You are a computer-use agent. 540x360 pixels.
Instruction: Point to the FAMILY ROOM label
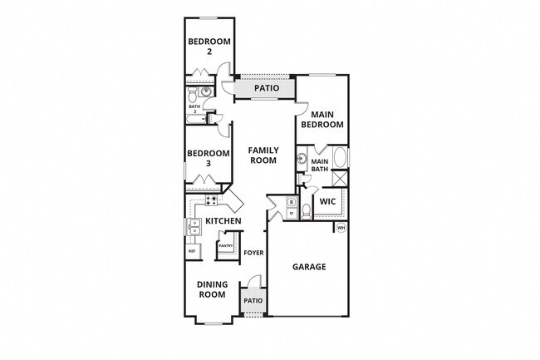tap(263, 155)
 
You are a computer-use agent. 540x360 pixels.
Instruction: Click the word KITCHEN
tap(223, 221)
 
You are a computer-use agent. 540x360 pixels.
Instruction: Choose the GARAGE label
tap(309, 267)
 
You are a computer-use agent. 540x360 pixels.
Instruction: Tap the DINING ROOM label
tap(212, 288)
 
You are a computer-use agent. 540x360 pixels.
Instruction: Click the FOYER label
tap(253, 253)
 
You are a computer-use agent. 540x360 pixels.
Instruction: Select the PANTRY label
tap(224, 246)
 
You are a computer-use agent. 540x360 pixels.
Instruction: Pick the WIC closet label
tap(327, 200)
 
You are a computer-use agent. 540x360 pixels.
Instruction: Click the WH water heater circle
tap(341, 228)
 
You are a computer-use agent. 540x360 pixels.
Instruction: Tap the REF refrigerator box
tap(191, 251)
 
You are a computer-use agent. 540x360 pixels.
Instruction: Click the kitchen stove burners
tap(211, 200)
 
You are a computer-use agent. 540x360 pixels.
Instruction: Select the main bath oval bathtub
tap(341, 156)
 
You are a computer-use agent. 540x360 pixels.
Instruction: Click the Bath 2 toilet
tap(205, 92)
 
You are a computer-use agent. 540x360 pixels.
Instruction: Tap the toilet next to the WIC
tap(306, 209)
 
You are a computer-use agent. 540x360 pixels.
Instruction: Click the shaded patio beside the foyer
tap(253, 300)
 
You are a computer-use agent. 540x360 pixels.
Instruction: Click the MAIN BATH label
tap(320, 165)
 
